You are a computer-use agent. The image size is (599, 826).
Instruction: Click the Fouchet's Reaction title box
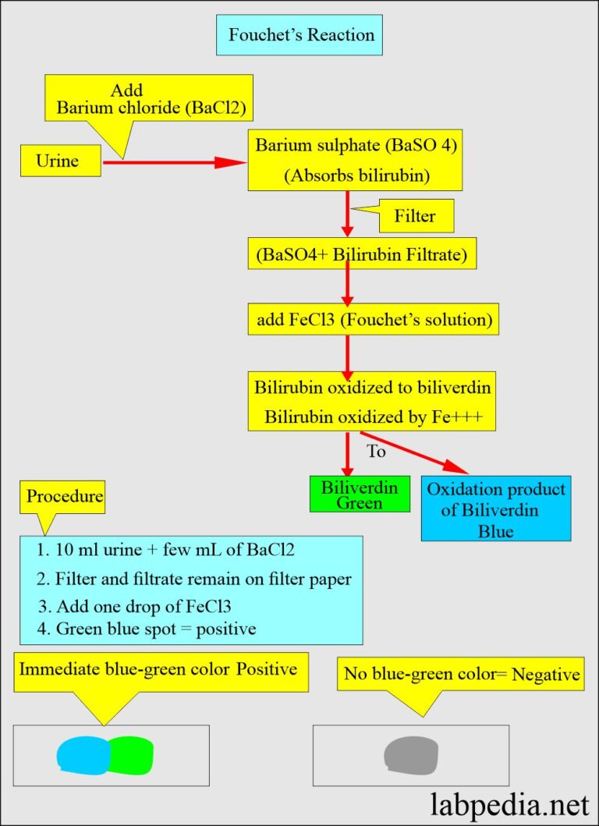click(299, 35)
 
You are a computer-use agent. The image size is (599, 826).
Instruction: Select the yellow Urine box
click(60, 161)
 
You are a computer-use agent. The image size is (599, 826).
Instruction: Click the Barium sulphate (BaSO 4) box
click(354, 161)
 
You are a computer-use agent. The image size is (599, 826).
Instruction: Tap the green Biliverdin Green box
click(360, 495)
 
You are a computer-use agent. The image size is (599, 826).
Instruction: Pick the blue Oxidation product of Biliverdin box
click(495, 509)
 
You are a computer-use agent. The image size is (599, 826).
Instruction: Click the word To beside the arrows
click(376, 451)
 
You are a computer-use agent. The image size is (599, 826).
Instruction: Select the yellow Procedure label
click(64, 497)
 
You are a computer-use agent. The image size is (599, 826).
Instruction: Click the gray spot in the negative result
click(411, 755)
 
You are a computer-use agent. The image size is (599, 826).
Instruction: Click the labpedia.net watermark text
click(510, 802)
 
